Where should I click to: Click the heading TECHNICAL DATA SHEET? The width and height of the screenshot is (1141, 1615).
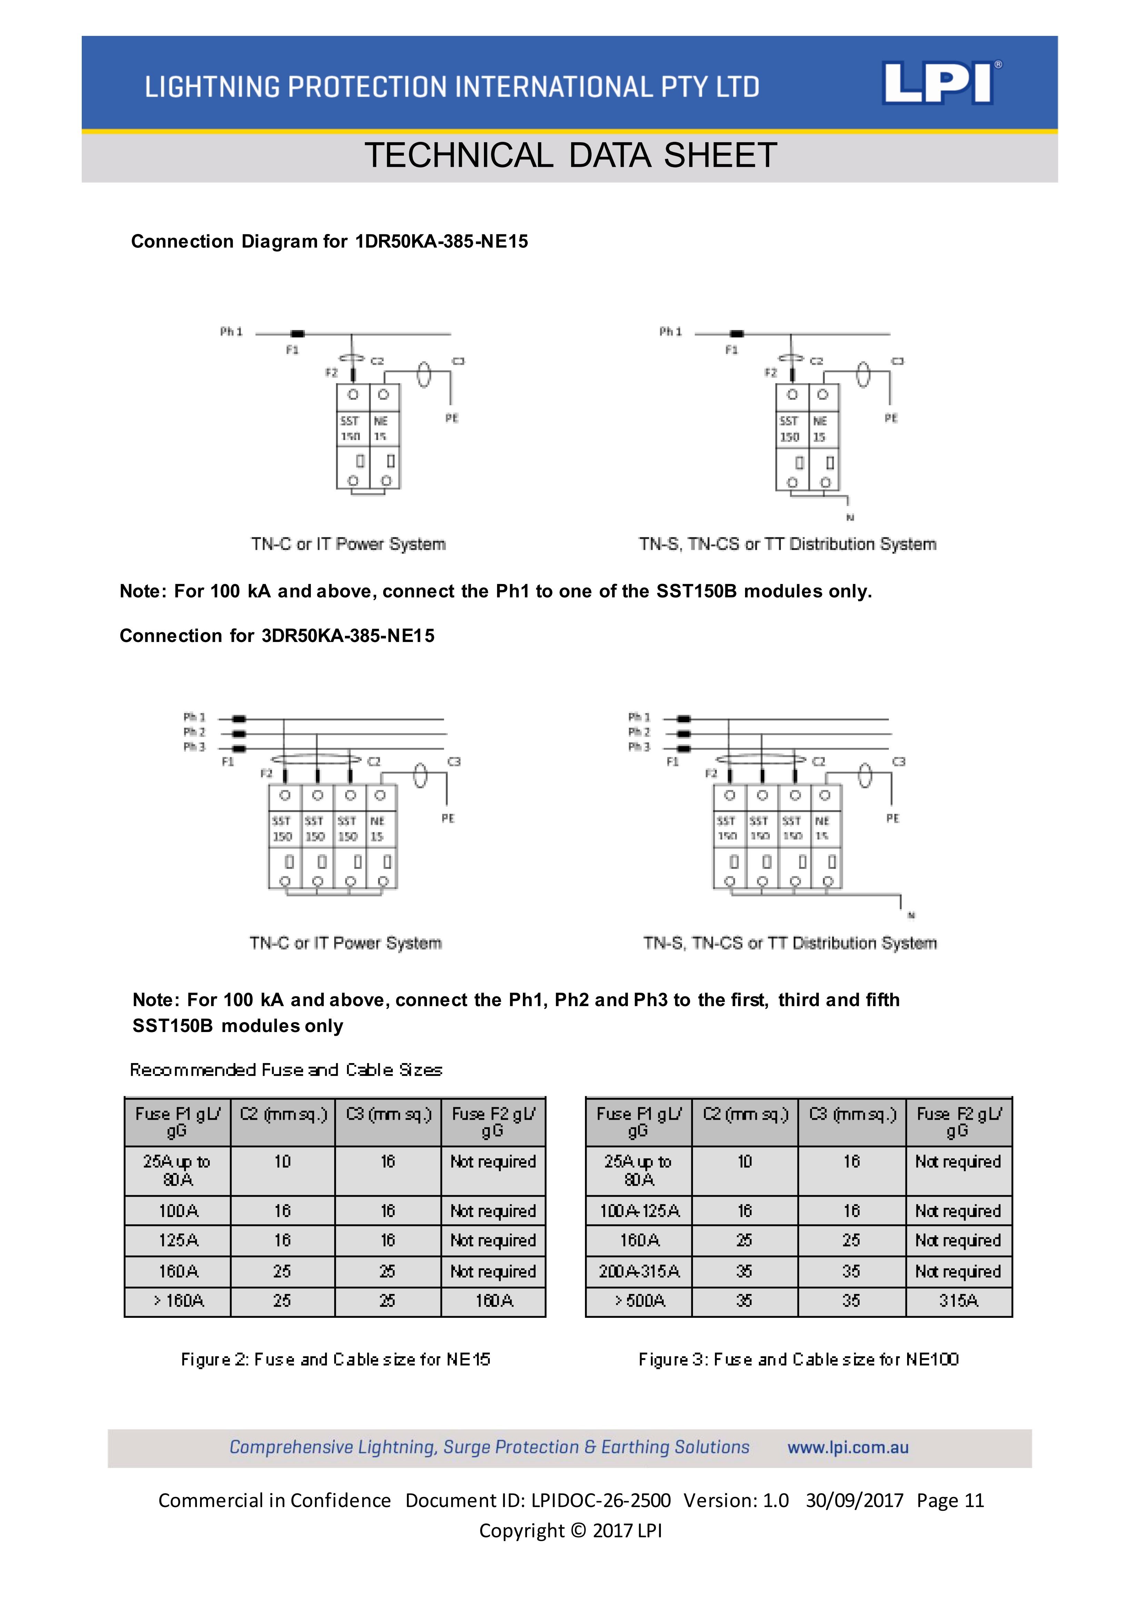[x=570, y=155]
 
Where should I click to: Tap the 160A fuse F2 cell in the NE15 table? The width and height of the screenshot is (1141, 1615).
[x=494, y=1301]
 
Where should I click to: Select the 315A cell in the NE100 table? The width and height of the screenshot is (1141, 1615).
[x=958, y=1301]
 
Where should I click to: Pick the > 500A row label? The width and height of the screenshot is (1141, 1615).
[x=639, y=1301]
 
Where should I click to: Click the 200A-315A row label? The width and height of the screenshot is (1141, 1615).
[x=639, y=1271]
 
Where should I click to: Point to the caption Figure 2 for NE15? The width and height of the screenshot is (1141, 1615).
[x=335, y=1359]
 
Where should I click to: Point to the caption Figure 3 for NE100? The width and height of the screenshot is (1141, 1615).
[x=798, y=1359]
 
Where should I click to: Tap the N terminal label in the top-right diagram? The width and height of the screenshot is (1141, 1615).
[x=850, y=518]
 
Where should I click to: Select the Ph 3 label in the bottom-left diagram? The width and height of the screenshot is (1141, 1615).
[x=194, y=747]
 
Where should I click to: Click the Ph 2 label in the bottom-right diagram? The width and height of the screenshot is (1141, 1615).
[x=639, y=732]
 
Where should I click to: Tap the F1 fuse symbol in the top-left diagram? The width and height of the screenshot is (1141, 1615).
[x=298, y=333]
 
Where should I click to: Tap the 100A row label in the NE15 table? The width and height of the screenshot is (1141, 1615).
[x=178, y=1210]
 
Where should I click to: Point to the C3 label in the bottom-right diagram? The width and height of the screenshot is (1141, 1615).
[x=899, y=762]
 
